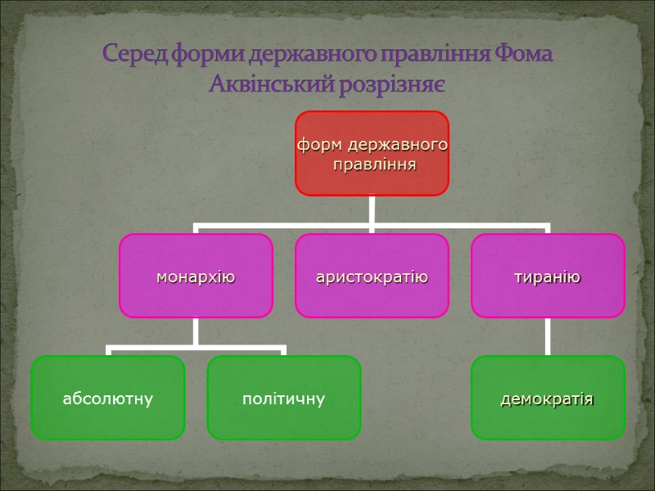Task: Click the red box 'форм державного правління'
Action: point(372,153)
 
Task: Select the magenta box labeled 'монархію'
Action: point(196,276)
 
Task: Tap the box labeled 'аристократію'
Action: point(372,276)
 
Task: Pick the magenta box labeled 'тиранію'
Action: point(548,276)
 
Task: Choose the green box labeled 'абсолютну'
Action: point(108,398)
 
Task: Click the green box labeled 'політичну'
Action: point(283,398)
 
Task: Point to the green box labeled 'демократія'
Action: point(548,398)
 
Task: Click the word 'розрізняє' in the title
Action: point(400,83)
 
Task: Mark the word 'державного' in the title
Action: point(296,55)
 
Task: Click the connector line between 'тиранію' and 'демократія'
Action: point(548,336)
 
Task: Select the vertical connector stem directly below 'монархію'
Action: point(196,331)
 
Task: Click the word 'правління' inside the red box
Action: point(373,164)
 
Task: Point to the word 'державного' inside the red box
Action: point(398,145)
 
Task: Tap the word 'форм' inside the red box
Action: point(320,145)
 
